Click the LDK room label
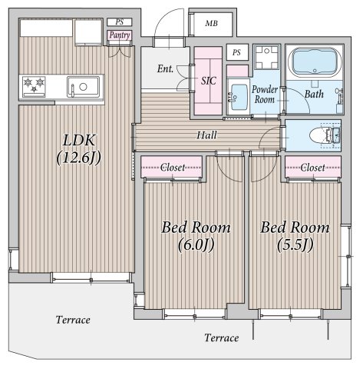79,141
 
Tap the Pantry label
120,35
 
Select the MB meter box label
212,24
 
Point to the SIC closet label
209,81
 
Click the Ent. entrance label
165,68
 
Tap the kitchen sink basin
84,87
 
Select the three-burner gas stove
34,87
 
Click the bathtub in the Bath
315,62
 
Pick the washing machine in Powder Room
267,58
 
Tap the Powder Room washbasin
239,94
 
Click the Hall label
206,135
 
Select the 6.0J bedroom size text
196,244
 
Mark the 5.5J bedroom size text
295,244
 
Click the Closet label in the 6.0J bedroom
173,168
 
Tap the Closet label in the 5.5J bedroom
312,168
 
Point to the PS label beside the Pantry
120,22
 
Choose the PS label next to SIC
236,52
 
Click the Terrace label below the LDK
73,320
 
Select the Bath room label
314,94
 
